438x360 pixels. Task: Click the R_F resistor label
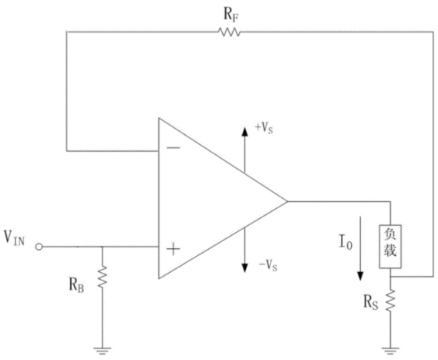pos(231,14)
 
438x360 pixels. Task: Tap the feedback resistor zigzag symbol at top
pos(229,32)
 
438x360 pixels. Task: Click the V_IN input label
pos(14,238)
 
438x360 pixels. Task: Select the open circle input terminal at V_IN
pos(39,247)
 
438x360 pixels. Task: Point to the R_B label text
pos(76,285)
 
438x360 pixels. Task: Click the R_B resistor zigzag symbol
pos(103,278)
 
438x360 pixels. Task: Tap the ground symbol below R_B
pos(103,351)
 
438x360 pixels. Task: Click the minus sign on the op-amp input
pos(174,148)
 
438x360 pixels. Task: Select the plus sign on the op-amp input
pos(174,249)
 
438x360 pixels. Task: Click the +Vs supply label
pos(264,128)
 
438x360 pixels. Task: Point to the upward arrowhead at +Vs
pos(244,132)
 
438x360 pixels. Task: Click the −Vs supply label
pos(268,264)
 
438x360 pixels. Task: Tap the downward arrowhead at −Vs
pos(244,268)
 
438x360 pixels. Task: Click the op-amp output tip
pos(287,201)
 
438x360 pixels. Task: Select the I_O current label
pos(345,242)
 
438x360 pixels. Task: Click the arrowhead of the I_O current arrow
pos(360,276)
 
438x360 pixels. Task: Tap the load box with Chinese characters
pos(390,247)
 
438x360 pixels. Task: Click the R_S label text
pos(370,302)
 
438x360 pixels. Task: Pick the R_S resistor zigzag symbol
pos(390,301)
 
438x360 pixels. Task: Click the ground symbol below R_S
pos(390,351)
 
